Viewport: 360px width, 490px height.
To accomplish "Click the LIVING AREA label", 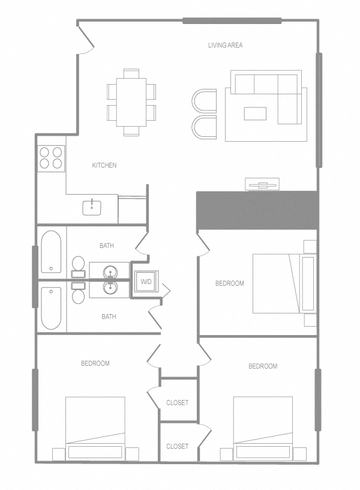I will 225,45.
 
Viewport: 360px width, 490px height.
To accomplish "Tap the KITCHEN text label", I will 104,165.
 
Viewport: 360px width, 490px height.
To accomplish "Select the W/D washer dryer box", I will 146,282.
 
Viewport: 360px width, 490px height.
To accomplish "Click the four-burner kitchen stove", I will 51,157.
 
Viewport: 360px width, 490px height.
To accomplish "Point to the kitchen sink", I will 92,207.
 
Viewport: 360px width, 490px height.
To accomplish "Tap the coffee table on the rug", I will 255,113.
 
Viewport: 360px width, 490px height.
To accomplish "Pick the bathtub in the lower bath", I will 50,307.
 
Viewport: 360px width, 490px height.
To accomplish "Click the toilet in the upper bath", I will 78,264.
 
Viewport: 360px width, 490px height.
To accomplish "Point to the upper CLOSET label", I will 177,402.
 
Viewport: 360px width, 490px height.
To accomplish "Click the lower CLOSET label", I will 177,446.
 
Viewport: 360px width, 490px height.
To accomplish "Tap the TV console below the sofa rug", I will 262,184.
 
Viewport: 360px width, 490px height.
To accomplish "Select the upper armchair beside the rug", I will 205,101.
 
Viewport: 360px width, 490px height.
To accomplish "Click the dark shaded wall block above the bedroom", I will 257,210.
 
